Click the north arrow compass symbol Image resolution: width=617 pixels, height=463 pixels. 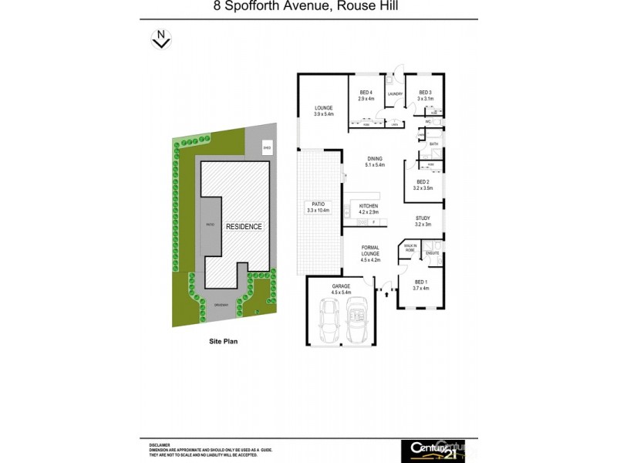click(160, 38)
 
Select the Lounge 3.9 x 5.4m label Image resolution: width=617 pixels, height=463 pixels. click(323, 111)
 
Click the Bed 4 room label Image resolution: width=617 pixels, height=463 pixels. click(365, 95)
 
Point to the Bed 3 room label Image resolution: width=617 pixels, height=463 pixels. click(425, 95)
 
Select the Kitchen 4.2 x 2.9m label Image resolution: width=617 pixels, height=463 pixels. click(367, 208)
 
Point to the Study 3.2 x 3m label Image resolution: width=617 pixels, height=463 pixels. click(422, 221)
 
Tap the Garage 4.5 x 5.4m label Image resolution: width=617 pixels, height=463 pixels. click(341, 290)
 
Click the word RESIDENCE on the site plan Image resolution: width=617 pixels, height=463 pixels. click(244, 227)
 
